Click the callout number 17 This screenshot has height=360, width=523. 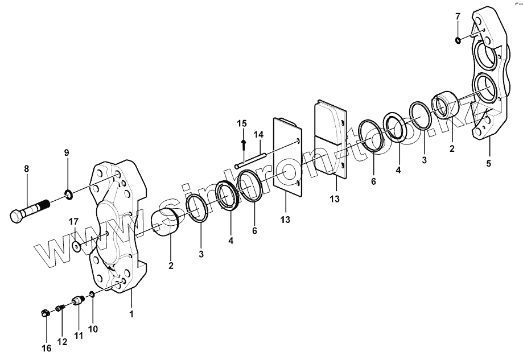tap(73, 221)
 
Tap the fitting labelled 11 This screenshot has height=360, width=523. tap(77, 300)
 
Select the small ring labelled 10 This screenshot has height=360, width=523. tap(91, 295)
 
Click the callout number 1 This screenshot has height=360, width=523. tap(131, 314)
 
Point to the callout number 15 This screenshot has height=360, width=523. tap(242, 123)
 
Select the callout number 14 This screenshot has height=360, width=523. tap(258, 135)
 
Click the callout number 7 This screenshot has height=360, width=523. tap(458, 16)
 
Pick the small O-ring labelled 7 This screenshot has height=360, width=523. tap(458, 40)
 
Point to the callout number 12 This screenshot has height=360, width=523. tap(62, 342)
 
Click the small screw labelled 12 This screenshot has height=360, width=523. tap(60, 308)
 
